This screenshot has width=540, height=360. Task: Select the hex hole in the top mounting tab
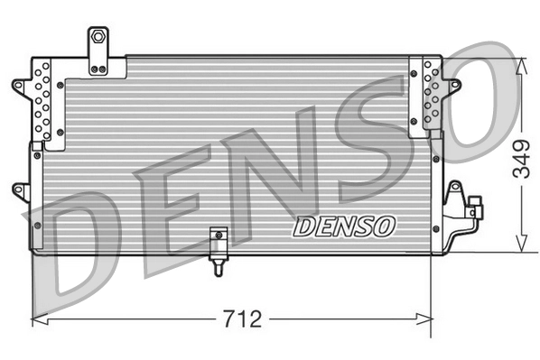click(96, 38)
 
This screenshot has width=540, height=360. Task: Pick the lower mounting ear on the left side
click(18, 189)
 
